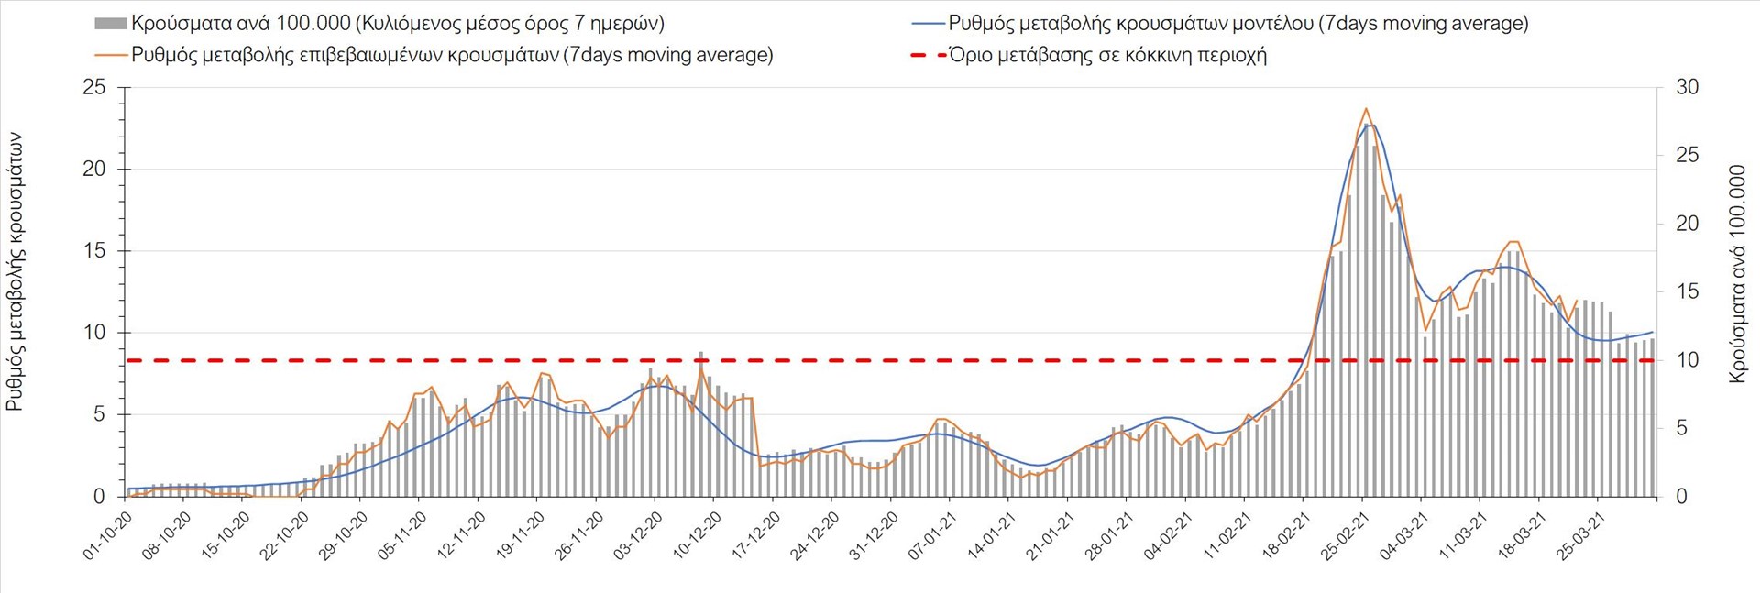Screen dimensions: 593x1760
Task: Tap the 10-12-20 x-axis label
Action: [697, 536]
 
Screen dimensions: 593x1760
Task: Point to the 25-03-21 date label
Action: [1580, 536]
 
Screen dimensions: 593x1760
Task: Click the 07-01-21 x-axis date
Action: [932, 536]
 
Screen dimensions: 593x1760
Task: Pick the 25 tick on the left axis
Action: [94, 88]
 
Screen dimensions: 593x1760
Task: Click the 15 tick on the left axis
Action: [94, 251]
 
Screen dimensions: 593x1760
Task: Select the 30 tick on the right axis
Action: [1687, 88]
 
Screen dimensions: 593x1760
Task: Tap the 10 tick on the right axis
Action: [1687, 360]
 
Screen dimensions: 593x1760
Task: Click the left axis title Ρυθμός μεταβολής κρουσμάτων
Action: [16, 271]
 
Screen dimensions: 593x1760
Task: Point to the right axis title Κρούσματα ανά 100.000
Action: [1737, 273]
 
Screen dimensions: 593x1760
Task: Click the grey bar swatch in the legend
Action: [110, 24]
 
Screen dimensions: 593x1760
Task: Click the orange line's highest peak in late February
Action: [1366, 109]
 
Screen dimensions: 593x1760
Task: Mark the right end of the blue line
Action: [1652, 332]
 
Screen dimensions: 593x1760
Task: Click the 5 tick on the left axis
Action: [99, 415]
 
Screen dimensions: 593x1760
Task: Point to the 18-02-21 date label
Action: [1286, 536]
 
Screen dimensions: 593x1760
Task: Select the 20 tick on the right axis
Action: [1687, 224]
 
